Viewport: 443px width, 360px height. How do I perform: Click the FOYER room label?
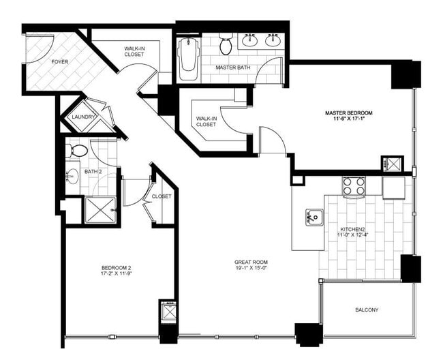pyautogui.click(x=59, y=62)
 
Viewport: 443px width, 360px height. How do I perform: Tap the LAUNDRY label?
pyautogui.click(x=84, y=117)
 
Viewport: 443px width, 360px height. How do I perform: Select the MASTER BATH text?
pyautogui.click(x=231, y=68)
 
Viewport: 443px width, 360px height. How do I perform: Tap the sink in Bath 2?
pyautogui.click(x=72, y=177)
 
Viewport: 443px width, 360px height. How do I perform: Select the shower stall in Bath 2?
pyautogui.click(x=100, y=209)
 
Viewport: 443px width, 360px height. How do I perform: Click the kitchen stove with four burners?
pyautogui.click(x=354, y=185)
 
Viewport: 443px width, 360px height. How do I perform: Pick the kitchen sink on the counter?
pyautogui.click(x=314, y=217)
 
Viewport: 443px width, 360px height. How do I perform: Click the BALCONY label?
pyautogui.click(x=367, y=310)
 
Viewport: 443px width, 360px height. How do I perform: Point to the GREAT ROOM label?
pyautogui.click(x=251, y=262)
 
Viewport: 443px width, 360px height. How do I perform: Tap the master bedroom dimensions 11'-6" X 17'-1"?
pyautogui.click(x=349, y=120)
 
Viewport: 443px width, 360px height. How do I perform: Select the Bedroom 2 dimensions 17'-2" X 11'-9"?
pyautogui.click(x=117, y=274)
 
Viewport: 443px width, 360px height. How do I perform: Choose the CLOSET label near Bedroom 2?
pyautogui.click(x=162, y=196)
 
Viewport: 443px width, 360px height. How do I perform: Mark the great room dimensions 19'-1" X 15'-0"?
pyautogui.click(x=251, y=269)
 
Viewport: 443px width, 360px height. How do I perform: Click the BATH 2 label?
pyautogui.click(x=93, y=172)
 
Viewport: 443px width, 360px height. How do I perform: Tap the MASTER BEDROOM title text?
pyautogui.click(x=349, y=112)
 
